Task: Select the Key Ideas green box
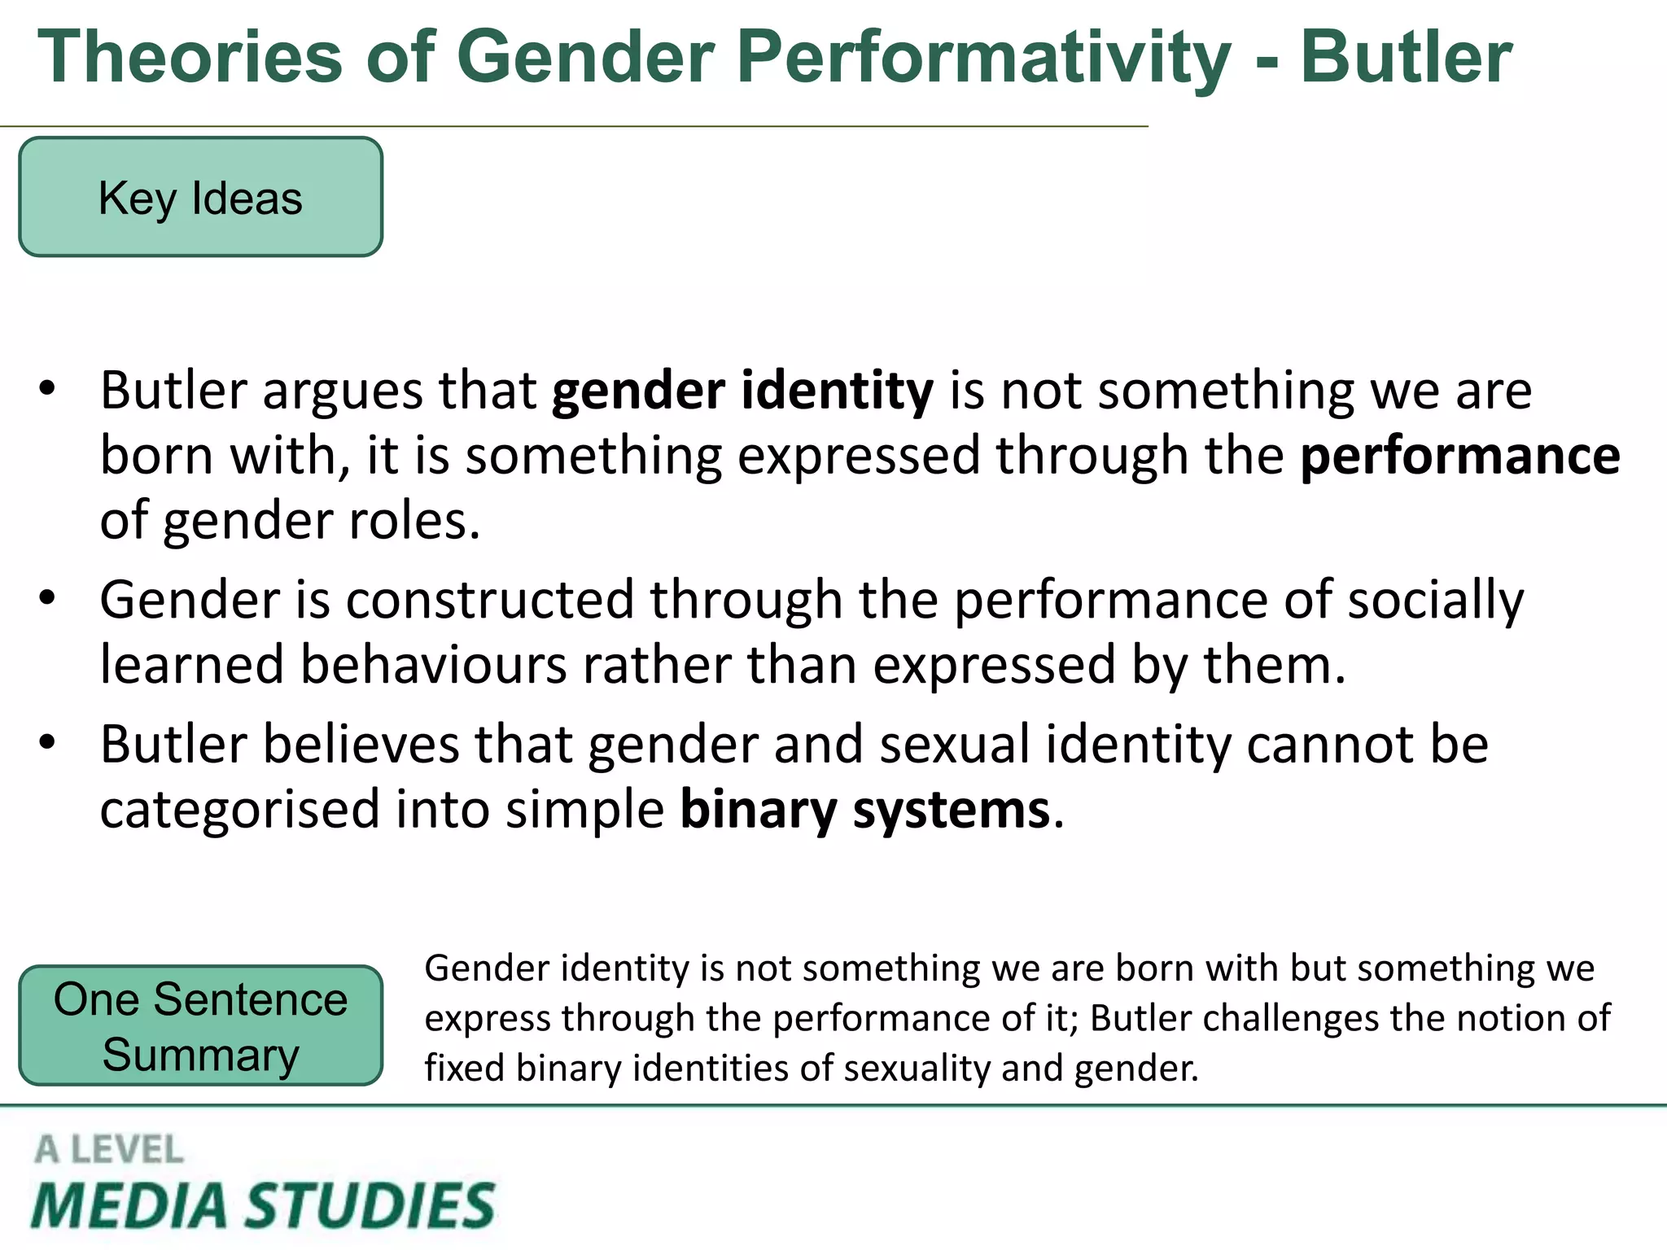click(x=200, y=198)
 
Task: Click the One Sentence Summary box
click(x=200, y=1026)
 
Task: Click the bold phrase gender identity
click(x=742, y=391)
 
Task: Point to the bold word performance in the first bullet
click(x=1459, y=456)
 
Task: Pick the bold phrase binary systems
click(x=864, y=811)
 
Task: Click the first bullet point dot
click(x=47, y=389)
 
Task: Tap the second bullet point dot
click(x=47, y=599)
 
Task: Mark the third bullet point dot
click(x=47, y=743)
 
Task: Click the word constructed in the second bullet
click(x=489, y=601)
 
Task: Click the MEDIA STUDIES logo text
click(x=262, y=1205)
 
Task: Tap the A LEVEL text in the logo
click(x=109, y=1150)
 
